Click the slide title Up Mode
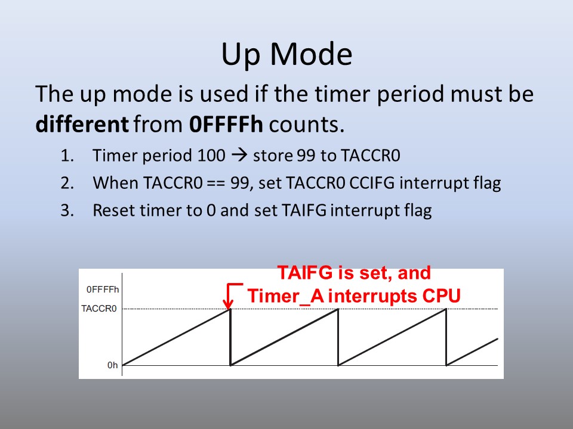[287, 55]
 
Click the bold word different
[82, 124]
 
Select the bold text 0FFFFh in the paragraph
[226, 124]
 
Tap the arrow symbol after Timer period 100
[239, 156]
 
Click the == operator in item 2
[216, 183]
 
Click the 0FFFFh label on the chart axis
[103, 290]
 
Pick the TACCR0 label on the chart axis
[99, 309]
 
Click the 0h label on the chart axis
[113, 365]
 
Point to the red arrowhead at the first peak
[229, 304]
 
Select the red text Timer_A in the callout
[286, 296]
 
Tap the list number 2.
[67, 183]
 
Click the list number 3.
[67, 210]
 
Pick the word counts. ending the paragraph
[307, 125]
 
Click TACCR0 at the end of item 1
[371, 156]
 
